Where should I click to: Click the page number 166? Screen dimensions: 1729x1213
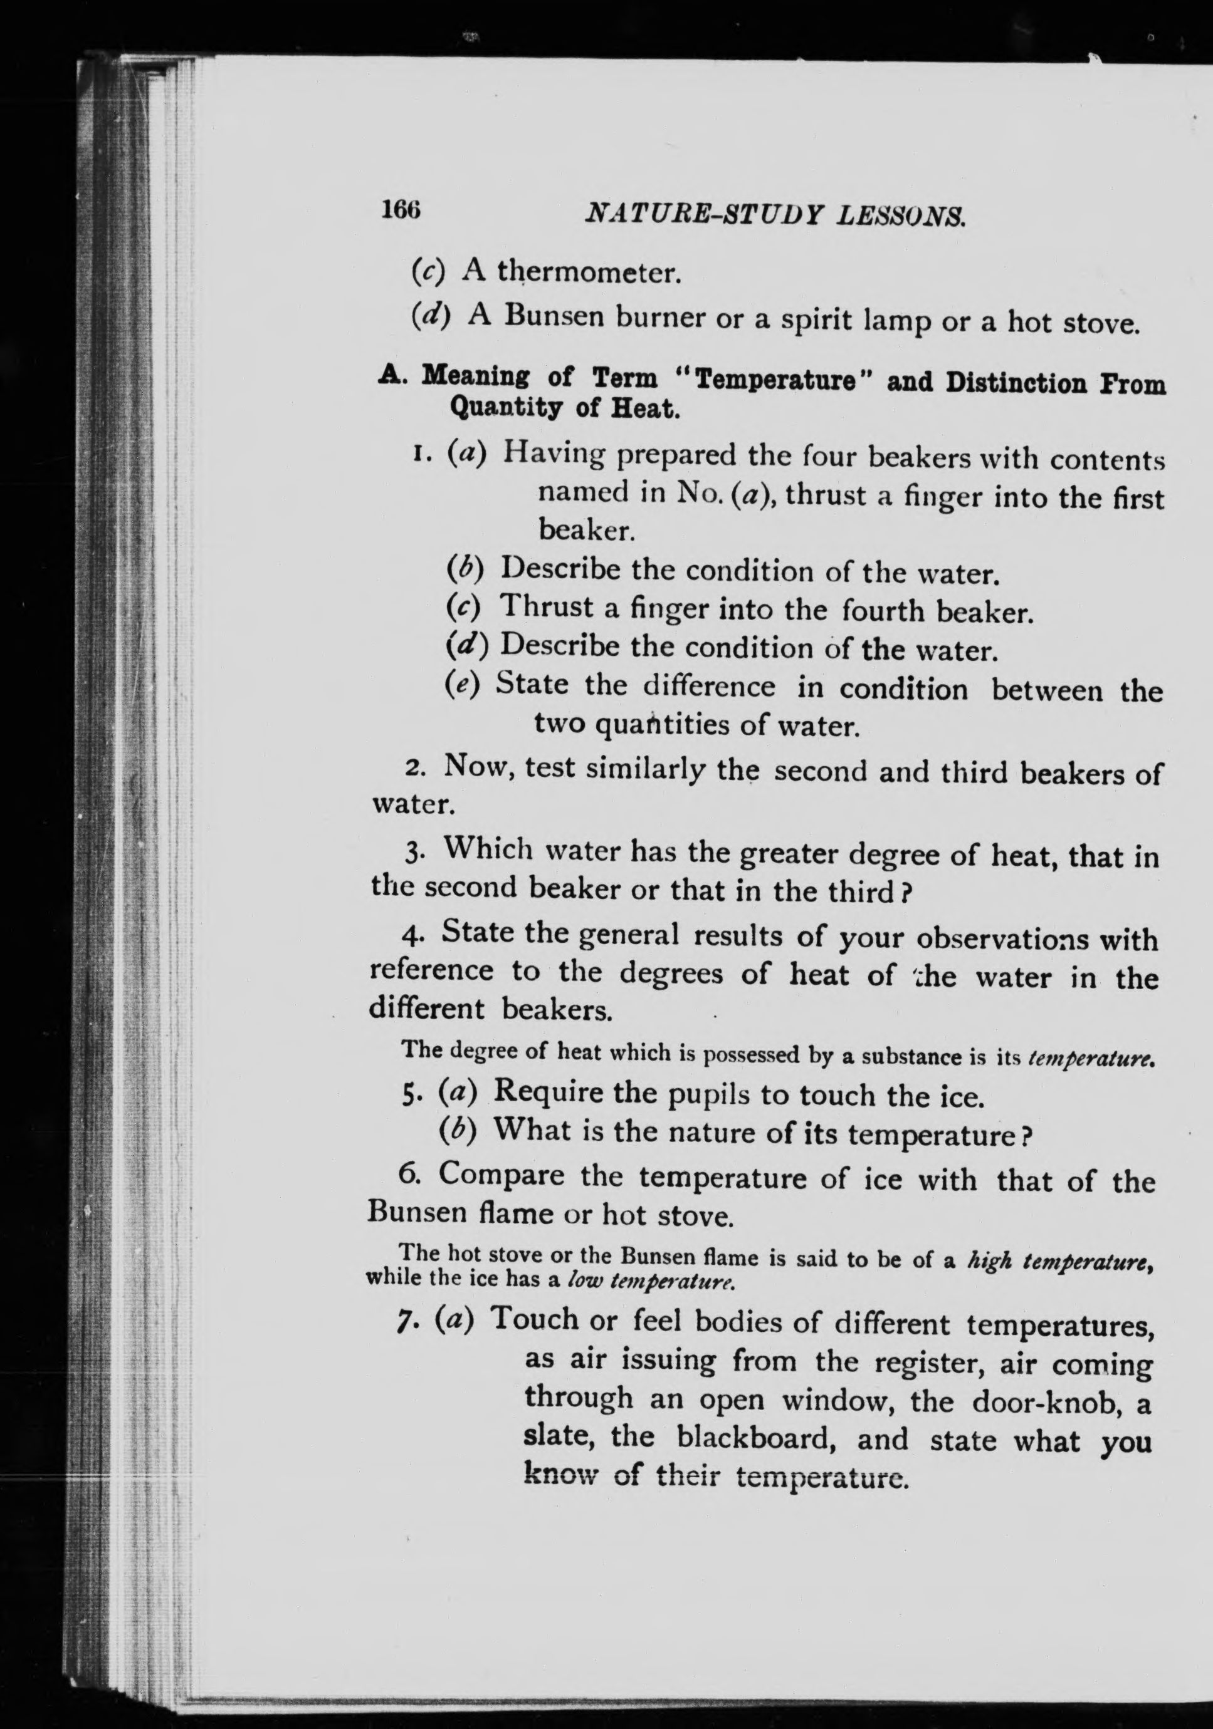(400, 209)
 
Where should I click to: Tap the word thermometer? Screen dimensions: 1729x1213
(589, 272)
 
